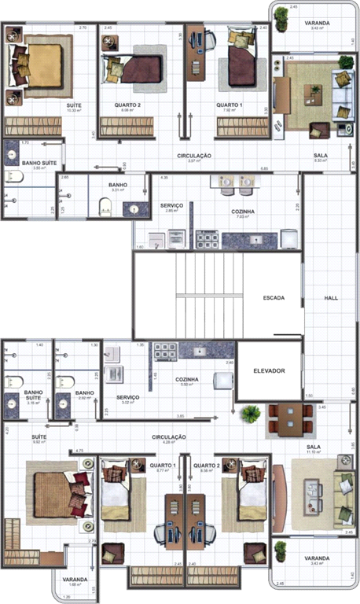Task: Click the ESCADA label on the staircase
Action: pos(274,298)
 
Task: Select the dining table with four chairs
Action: pos(284,418)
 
